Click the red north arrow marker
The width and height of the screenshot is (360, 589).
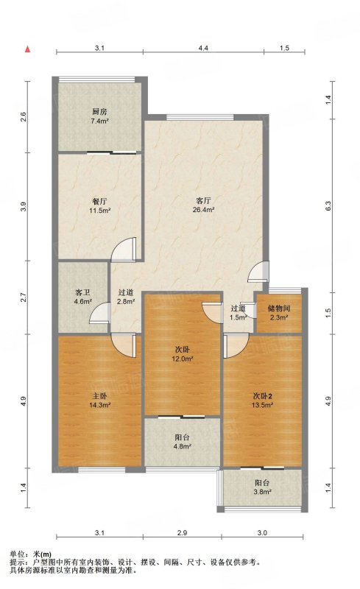click(x=27, y=49)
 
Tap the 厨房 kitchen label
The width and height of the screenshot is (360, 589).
click(x=99, y=112)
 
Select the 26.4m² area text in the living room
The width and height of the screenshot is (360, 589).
click(x=203, y=210)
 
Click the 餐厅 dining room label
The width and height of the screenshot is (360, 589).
click(x=99, y=201)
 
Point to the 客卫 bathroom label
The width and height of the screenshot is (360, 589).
click(x=82, y=292)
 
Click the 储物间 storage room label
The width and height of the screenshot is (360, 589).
click(x=279, y=308)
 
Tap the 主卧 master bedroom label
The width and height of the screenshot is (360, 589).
click(x=99, y=396)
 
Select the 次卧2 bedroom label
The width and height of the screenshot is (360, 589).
click(x=262, y=396)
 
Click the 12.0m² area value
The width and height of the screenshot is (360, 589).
click(x=183, y=359)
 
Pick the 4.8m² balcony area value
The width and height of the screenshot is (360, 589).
click(x=183, y=447)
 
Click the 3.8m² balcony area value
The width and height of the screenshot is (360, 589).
click(x=262, y=492)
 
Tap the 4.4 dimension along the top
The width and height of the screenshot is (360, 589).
click(x=203, y=48)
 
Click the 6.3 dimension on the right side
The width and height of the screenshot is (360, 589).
click(x=328, y=206)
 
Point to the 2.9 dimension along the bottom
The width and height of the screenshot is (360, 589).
click(x=183, y=532)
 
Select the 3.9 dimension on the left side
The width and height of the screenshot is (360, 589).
click(x=24, y=207)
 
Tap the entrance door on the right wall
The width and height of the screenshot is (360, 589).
click(x=258, y=271)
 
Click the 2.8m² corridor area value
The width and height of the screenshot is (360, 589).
click(x=126, y=301)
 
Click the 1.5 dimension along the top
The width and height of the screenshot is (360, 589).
click(x=284, y=48)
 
